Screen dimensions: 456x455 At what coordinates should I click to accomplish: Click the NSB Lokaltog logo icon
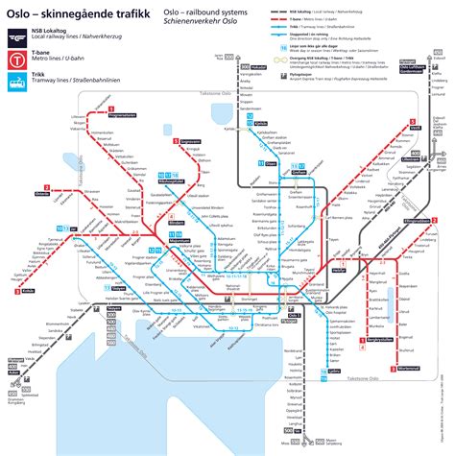[16, 36]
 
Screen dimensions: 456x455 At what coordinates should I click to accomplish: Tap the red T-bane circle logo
[16, 60]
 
